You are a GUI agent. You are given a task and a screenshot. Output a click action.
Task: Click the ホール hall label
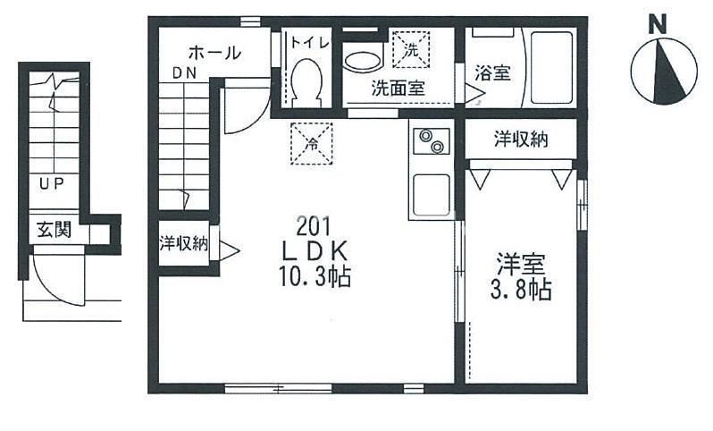[214, 53]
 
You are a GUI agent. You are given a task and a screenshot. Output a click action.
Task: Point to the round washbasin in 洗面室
[363, 59]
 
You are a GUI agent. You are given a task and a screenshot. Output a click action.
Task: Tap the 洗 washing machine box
[412, 48]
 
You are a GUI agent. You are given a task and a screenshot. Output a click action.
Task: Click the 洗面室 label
[398, 89]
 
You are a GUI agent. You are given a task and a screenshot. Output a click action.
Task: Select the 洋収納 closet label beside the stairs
[184, 242]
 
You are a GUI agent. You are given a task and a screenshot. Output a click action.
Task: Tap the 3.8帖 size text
[521, 289]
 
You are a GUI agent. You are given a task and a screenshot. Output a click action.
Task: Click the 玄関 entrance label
[55, 231]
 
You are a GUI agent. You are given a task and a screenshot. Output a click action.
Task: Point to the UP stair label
[50, 184]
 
